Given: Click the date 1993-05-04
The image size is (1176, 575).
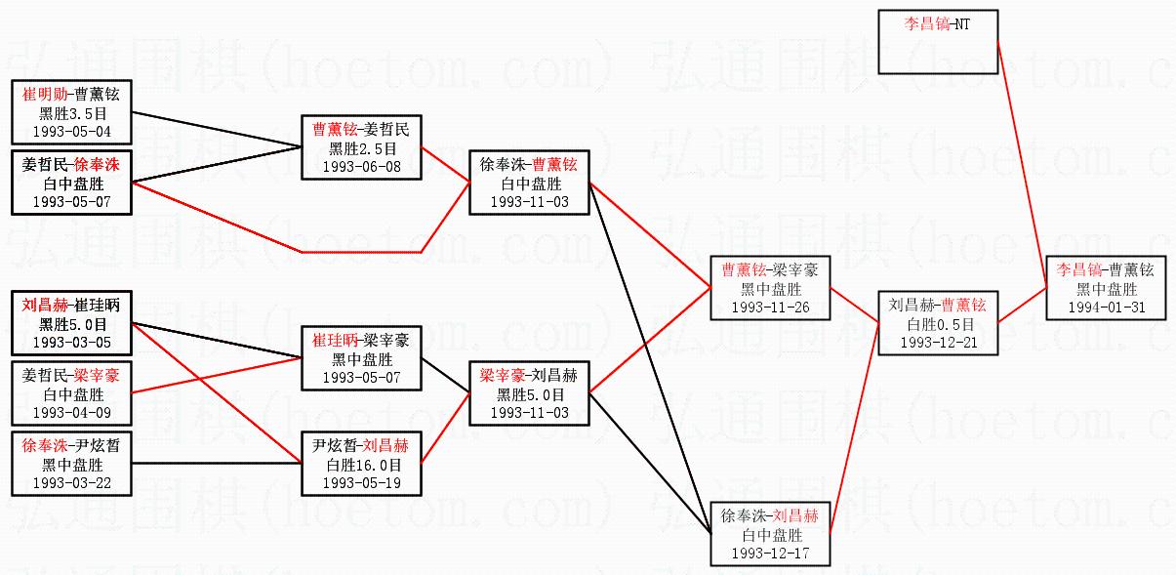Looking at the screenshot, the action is tap(71, 130).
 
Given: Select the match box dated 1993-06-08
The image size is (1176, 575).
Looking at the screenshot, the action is tap(362, 147).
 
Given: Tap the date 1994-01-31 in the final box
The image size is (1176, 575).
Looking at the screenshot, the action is tap(1107, 307).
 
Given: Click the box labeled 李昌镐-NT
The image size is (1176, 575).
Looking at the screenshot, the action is tap(937, 42).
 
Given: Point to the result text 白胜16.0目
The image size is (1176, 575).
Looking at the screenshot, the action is tap(362, 464).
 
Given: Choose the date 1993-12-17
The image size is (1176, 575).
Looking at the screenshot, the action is tap(770, 553).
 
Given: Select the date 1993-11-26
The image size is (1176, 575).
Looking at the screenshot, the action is tap(770, 307).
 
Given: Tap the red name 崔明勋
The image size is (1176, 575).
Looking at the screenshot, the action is tap(46, 95).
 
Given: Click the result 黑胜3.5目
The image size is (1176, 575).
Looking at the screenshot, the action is tap(71, 112).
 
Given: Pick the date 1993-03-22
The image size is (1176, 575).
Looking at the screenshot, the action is tap(71, 482).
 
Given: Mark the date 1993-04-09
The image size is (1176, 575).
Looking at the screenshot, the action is tap(71, 412).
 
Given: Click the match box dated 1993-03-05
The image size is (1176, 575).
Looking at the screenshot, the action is tap(71, 324).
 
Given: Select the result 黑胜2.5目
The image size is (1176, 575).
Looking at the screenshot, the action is tap(362, 147).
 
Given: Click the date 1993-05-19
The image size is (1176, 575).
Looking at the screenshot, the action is tap(362, 481).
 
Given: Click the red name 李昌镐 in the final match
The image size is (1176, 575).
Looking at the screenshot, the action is tap(1079, 270).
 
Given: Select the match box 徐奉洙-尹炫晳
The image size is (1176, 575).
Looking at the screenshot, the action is tap(71, 464).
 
